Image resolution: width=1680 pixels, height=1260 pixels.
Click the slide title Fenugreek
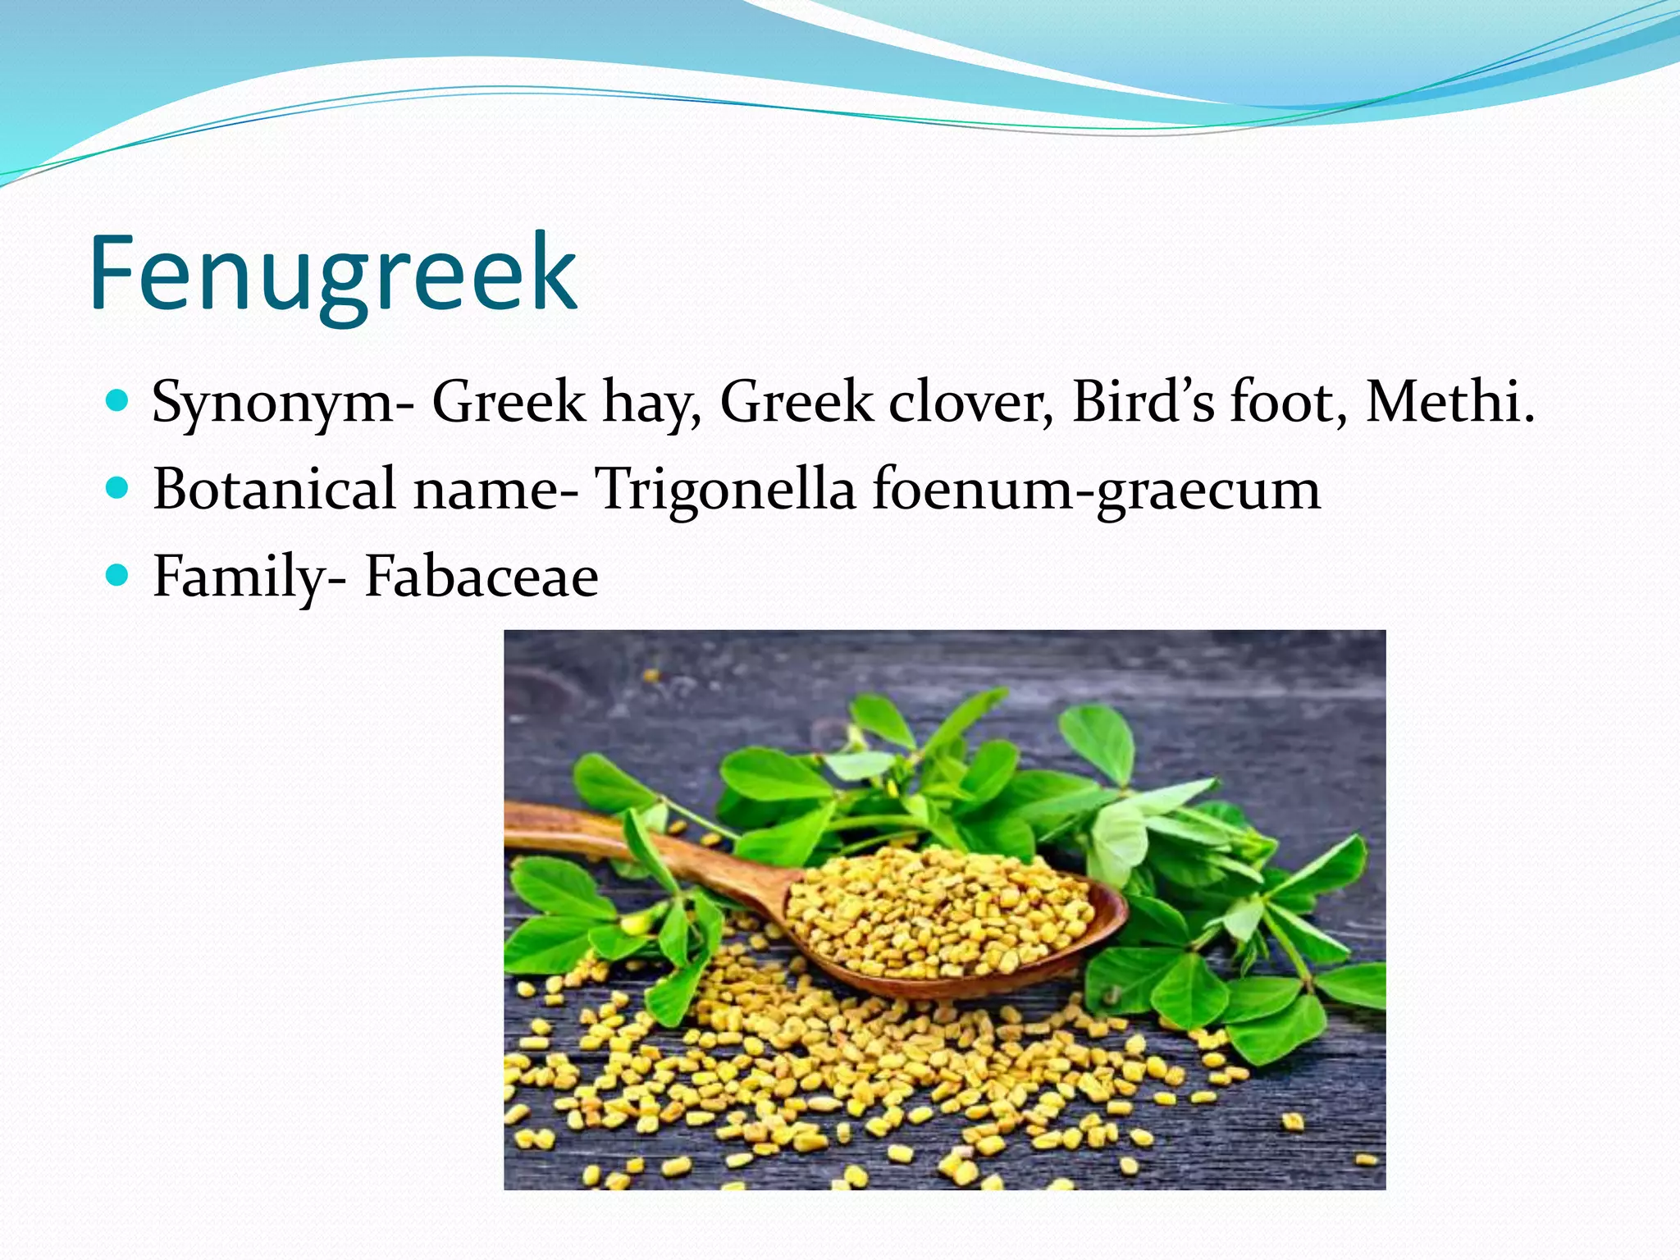pos(333,272)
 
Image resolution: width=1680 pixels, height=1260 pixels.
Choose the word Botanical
pos(275,489)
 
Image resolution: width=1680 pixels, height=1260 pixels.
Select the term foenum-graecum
pos(1096,491)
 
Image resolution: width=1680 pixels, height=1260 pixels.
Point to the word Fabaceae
pos(482,576)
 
